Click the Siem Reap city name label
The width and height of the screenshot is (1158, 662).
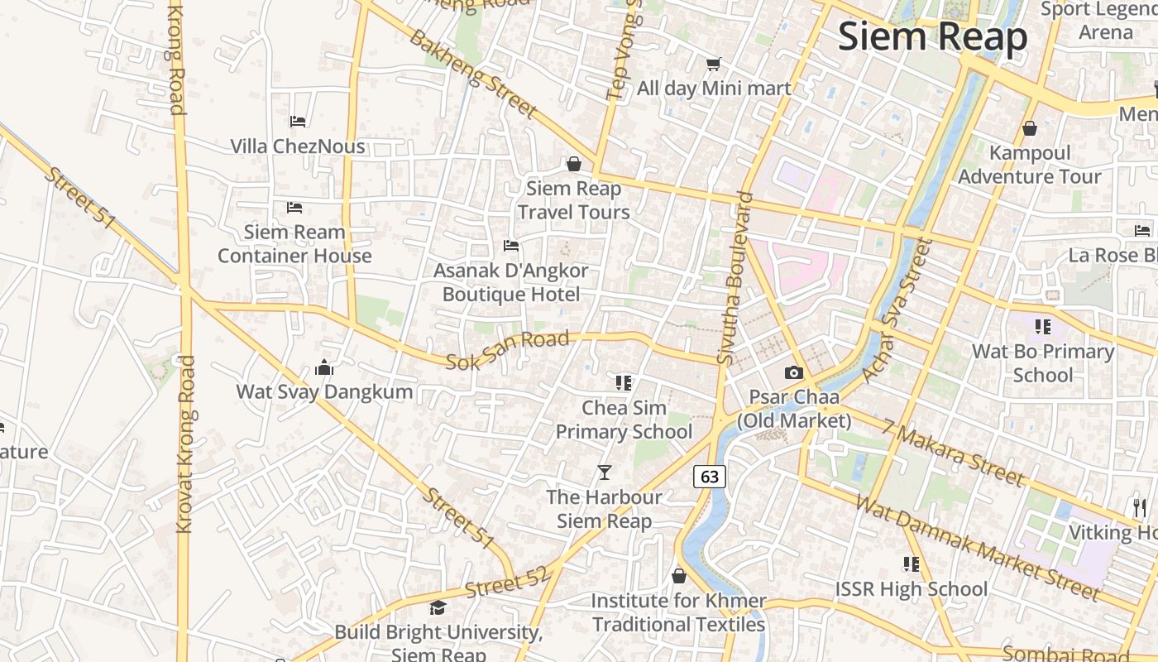click(x=932, y=37)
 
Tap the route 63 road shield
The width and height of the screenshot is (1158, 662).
click(x=710, y=476)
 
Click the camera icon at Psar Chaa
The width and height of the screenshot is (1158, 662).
click(x=794, y=373)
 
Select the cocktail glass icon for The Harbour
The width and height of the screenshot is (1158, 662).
click(x=605, y=473)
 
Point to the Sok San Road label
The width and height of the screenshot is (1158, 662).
click(x=508, y=351)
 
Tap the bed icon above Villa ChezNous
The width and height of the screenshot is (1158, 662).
click(x=299, y=122)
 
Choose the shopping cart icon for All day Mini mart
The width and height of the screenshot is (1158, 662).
click(x=713, y=64)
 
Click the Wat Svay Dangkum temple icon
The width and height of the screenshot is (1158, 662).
click(x=324, y=367)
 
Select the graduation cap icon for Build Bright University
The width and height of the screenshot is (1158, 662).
click(x=438, y=608)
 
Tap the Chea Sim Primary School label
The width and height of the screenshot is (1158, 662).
click(x=624, y=420)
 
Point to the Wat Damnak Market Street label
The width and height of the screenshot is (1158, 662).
click(x=978, y=546)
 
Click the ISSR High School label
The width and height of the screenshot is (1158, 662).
click(x=911, y=589)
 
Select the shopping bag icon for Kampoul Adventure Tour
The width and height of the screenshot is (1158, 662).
click(x=1030, y=128)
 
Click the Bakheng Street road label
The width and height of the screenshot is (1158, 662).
click(x=473, y=73)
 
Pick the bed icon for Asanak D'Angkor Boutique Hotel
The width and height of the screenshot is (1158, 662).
click(x=511, y=246)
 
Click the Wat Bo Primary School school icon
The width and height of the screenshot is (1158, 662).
click(x=1042, y=327)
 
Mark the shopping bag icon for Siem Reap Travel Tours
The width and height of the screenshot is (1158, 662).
click(x=573, y=165)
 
